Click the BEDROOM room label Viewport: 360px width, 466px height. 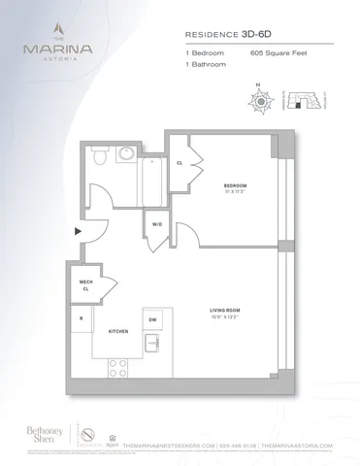pyautogui.click(x=234, y=185)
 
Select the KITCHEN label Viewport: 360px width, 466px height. pyautogui.click(x=119, y=332)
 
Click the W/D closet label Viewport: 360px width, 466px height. pyautogui.click(x=157, y=225)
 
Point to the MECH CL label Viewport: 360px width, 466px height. pyautogui.click(x=85, y=283)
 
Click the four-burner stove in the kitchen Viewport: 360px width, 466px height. pyautogui.click(x=118, y=367)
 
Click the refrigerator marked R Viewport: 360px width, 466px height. pyautogui.click(x=82, y=318)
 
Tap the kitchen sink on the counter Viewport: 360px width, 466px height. pyautogui.click(x=153, y=343)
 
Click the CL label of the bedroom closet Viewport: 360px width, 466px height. pyautogui.click(x=180, y=162)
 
